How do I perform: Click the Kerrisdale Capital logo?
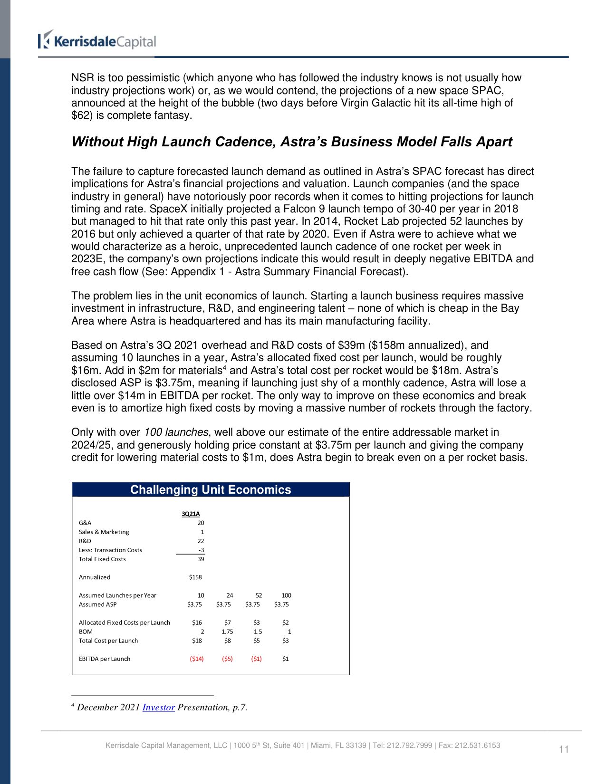97,41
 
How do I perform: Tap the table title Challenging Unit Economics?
211,490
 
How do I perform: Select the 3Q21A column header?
191,514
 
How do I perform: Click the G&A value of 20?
201,523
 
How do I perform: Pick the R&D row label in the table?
85,541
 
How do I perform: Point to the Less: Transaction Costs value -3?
201,550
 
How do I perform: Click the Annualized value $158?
195,577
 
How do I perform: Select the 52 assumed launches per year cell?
259,595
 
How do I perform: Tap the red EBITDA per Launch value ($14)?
197,659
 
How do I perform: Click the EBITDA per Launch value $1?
285,659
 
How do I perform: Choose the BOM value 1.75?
227,632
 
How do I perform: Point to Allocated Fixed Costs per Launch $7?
227,622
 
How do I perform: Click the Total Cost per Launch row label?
108,641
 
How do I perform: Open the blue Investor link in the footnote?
158,708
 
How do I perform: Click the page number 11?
564,749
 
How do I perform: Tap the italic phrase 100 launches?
176,432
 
